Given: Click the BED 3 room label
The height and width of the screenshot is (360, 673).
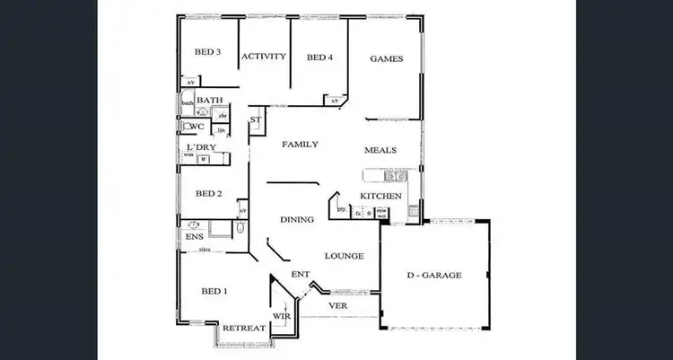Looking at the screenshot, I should (207, 52).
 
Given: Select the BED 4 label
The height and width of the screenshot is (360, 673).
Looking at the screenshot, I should (319, 57).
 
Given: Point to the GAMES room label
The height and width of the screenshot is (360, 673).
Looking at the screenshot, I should (386, 59).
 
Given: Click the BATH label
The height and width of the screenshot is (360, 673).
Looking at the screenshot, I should (209, 101).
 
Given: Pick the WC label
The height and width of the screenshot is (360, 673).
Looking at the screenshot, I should (196, 127).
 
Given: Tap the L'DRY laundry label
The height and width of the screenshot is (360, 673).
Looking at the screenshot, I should (199, 146).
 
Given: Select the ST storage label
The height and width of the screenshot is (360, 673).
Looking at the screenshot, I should (255, 119).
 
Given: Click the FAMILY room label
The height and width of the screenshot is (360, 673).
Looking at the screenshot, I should (300, 145).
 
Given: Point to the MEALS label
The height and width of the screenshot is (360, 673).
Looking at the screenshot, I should (380, 150).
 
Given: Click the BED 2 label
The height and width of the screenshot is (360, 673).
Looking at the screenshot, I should (208, 193).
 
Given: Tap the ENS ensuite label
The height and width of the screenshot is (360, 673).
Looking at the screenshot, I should (194, 236).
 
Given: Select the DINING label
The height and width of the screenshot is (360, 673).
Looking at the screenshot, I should (296, 219).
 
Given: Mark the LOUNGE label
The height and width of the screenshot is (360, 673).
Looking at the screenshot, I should (344, 256).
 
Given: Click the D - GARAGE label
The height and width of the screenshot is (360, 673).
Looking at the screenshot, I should (433, 276).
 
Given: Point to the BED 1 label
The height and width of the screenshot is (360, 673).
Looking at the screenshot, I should (213, 291).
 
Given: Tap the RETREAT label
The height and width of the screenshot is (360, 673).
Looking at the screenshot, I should (244, 329).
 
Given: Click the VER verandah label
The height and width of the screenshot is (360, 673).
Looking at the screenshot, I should (338, 305).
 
